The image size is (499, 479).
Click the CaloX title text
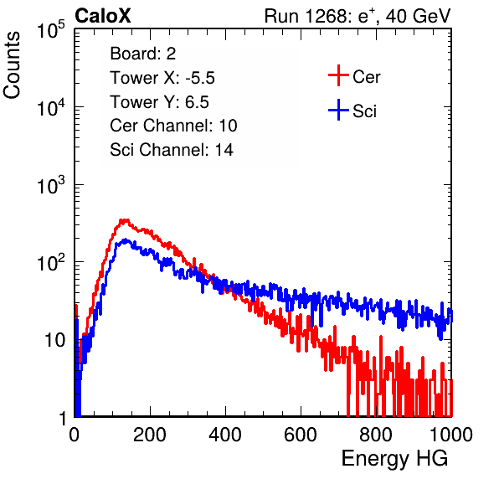[103, 15]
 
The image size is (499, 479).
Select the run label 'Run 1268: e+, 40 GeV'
[358, 16]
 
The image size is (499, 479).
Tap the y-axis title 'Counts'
[12, 65]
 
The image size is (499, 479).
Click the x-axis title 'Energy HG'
[394, 459]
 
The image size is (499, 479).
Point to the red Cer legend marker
[338, 75]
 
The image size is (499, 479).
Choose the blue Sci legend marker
[338, 110]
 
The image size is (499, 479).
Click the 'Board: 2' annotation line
[142, 54]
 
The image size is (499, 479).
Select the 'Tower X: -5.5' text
[162, 78]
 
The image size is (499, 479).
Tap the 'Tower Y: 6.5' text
[159, 102]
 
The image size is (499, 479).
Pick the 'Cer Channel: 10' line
[173, 126]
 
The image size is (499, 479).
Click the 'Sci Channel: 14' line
[172, 150]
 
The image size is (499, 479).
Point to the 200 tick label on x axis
[150, 435]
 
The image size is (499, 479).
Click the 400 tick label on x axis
[225, 435]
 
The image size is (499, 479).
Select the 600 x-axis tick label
[301, 435]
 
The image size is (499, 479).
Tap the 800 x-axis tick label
[376, 435]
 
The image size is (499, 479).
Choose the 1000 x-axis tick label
[451, 435]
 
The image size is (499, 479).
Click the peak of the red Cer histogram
[124, 220]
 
